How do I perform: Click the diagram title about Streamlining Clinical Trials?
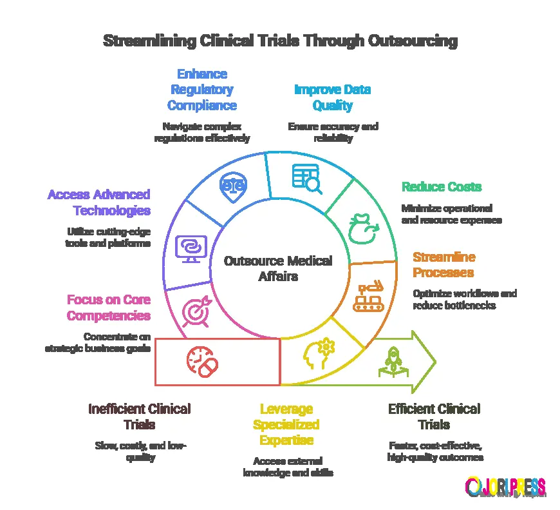280,41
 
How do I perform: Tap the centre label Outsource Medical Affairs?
278,269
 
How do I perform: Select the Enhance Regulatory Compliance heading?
202,90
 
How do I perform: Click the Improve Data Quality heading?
332,97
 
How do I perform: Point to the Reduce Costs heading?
442,187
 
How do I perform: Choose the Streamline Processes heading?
444,265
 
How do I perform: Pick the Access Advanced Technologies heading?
98,202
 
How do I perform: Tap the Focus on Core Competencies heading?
109,308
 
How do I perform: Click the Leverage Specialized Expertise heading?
286,424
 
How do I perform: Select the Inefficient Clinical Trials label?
139,417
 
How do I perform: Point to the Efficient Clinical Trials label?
434,417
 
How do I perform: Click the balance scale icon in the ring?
233,184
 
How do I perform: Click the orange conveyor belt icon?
368,297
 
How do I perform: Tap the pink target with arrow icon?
196,310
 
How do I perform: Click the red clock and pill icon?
202,362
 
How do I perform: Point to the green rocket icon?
391,360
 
